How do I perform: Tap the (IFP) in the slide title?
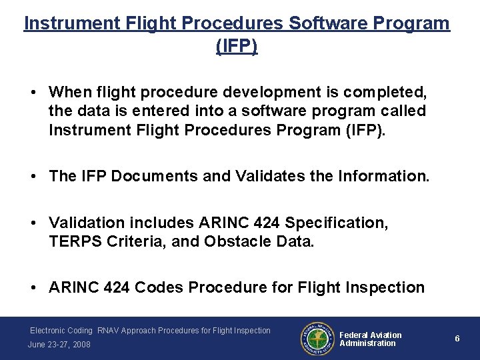pyautogui.click(x=237, y=47)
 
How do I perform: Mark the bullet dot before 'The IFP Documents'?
pyautogui.click(x=33, y=177)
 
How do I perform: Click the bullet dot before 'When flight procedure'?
pyautogui.click(x=33, y=92)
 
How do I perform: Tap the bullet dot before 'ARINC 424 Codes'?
pyautogui.click(x=33, y=288)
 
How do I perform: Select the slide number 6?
pyautogui.click(x=457, y=339)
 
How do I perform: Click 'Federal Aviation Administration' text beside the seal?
pyautogui.click(x=371, y=339)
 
